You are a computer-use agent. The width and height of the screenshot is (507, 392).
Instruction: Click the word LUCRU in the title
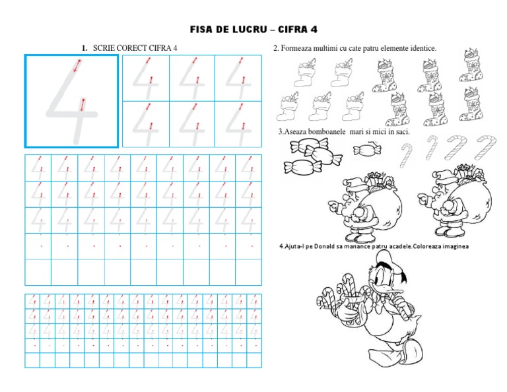pos(249,30)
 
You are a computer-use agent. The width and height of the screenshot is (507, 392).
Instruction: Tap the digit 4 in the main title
pos(314,30)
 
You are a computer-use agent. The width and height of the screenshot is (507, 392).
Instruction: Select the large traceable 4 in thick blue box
pos(72,102)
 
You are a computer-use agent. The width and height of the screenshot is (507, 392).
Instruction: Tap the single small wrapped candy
pos(367,149)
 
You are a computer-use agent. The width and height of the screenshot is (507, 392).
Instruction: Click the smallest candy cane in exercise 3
pos(405,156)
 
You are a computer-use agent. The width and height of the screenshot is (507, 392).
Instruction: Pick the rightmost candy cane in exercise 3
pos(486,147)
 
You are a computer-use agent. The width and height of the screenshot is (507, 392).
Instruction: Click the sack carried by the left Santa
pos(384,206)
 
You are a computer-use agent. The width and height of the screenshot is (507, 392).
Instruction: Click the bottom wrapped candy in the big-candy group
pos(303,167)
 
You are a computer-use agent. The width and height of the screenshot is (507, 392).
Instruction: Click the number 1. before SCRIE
pos(84,48)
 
